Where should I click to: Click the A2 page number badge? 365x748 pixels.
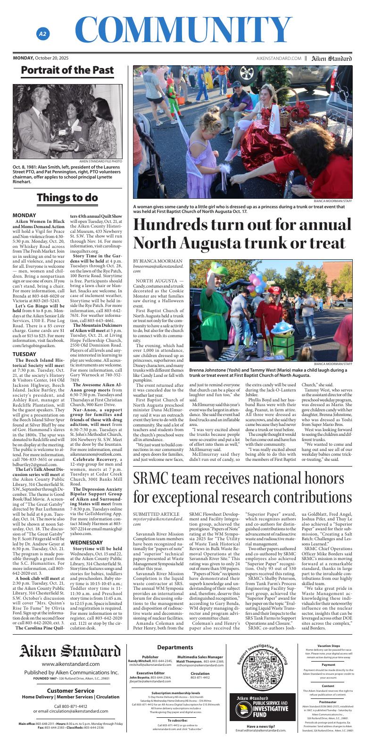pyautogui.click(x=43, y=34)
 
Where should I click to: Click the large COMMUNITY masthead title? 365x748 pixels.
pyautogui.click(x=182, y=29)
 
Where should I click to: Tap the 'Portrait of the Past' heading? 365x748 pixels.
pyautogui.click(x=67, y=70)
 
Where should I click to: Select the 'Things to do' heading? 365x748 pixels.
pyautogui.click(x=67, y=197)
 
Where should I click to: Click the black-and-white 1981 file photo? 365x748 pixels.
pyautogui.click(x=67, y=121)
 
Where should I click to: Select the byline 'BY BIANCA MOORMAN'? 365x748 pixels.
pyautogui.click(x=158, y=261)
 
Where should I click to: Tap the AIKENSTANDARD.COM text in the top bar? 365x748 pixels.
pyautogui.click(x=278, y=58)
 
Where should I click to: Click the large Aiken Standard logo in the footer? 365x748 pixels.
pyautogui.click(x=70, y=652)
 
